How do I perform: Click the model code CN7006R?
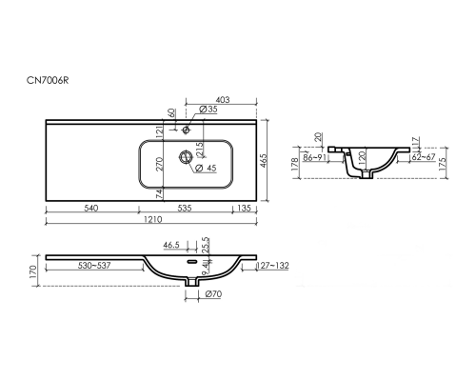click(48, 80)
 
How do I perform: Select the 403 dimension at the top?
click(224, 100)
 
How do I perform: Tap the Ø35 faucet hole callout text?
click(208, 110)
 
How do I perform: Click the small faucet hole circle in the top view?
click(186, 130)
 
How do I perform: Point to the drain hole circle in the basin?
click(186, 157)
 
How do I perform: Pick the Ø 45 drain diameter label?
click(206, 168)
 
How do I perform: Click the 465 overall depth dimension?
click(264, 161)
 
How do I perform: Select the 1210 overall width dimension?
click(153, 219)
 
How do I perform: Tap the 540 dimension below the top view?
click(91, 208)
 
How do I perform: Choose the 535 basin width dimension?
click(185, 208)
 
